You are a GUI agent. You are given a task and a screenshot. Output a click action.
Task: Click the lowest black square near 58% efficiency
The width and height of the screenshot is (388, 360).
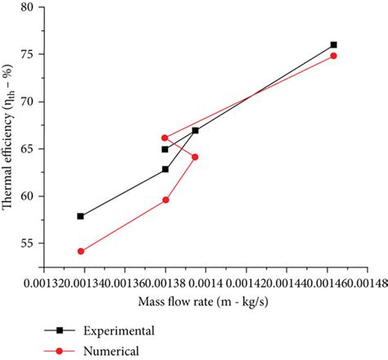(80, 216)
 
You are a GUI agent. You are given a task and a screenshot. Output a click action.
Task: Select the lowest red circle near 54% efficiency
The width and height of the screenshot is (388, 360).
(80, 251)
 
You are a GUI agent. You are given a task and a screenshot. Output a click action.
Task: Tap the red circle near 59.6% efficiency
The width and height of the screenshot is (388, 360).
(165, 200)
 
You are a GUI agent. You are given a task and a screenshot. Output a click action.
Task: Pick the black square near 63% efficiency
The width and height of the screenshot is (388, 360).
(165, 169)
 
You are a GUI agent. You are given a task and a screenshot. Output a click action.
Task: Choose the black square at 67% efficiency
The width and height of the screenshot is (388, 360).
(195, 130)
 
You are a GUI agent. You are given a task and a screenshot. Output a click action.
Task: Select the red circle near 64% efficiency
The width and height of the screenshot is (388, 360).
(195, 157)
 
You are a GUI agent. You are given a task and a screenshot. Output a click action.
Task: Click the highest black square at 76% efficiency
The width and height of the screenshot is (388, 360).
(333, 45)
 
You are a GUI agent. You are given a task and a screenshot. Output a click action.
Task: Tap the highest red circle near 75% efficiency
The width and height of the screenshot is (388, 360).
(333, 56)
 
